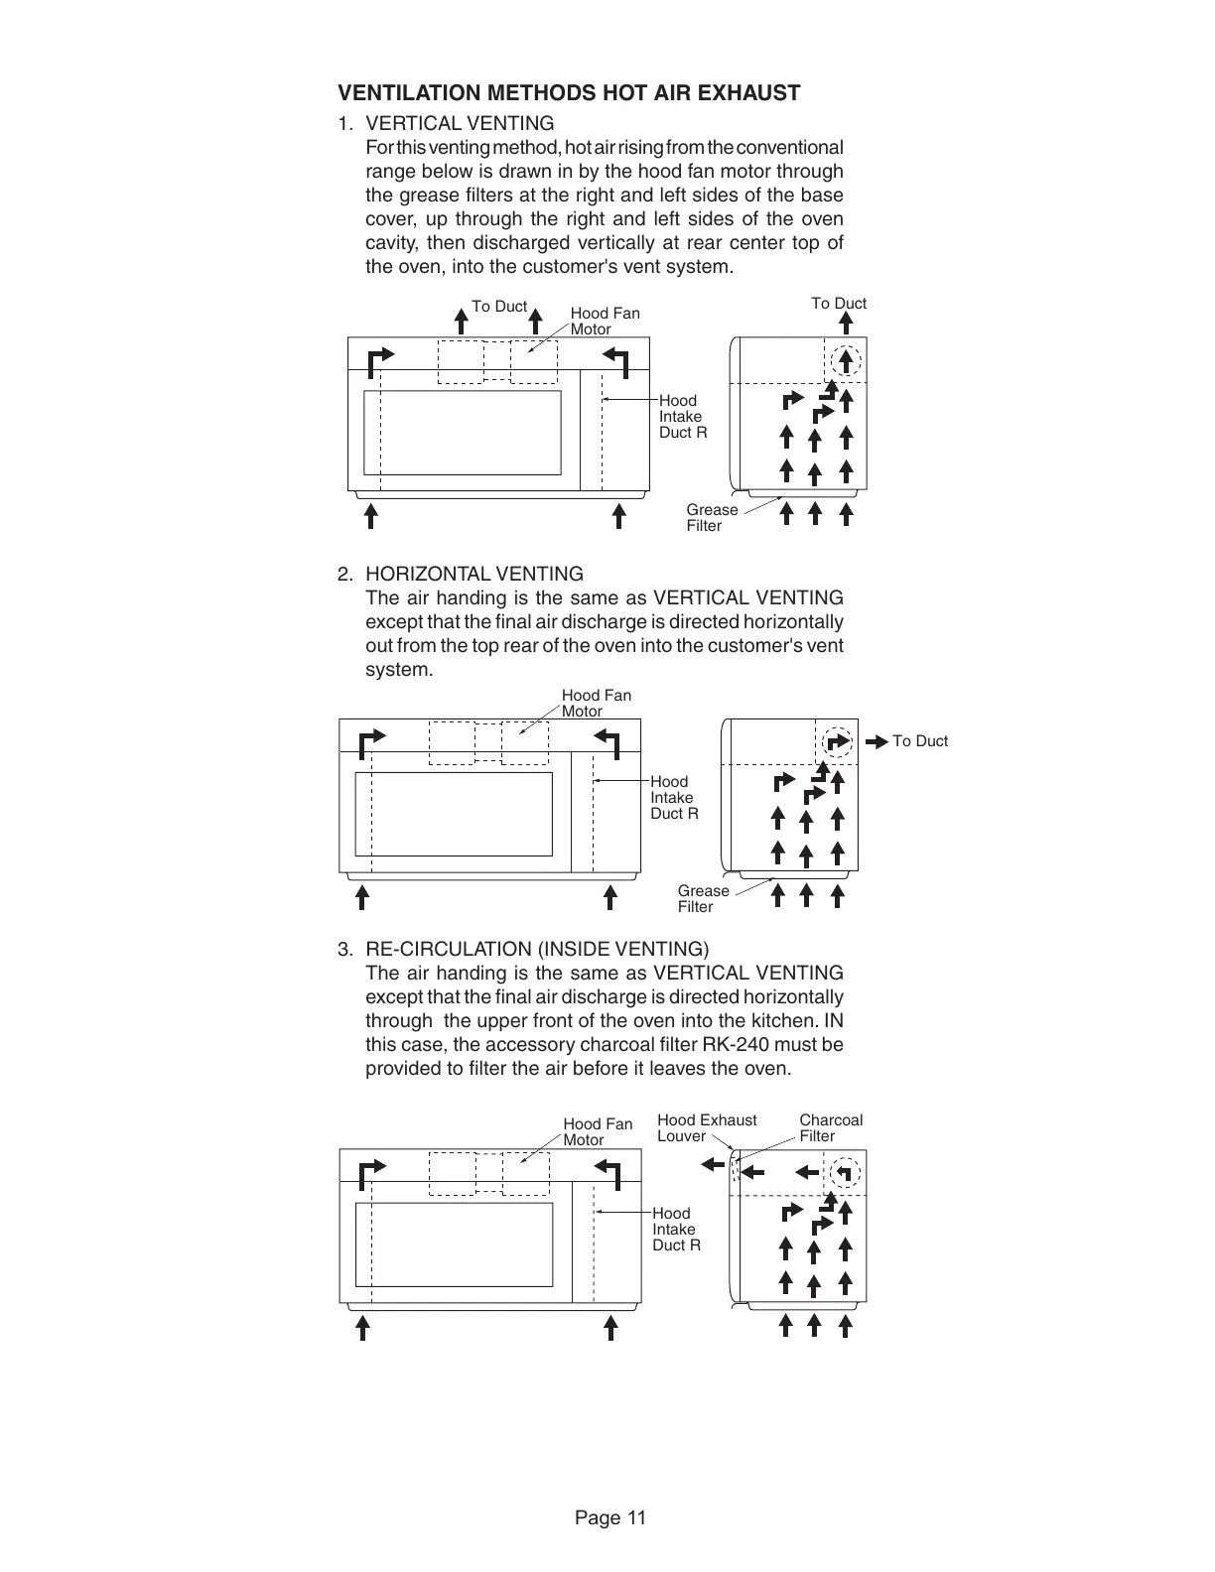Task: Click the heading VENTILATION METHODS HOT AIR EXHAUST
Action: tap(569, 93)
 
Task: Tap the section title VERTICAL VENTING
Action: tap(460, 123)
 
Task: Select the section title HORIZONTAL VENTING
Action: tap(474, 574)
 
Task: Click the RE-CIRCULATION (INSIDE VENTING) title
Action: tap(537, 949)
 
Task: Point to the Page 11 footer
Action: tap(610, 1517)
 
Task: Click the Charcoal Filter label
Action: tap(831, 1127)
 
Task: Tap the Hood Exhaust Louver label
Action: tap(706, 1127)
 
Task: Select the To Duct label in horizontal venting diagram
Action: tap(919, 741)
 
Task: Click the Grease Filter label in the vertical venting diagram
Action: tap(712, 517)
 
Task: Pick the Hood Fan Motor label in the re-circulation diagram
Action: tap(598, 1131)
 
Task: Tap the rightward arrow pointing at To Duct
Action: tap(877, 741)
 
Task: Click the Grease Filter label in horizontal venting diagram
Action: tap(703, 898)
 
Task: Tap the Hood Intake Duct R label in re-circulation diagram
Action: tap(676, 1229)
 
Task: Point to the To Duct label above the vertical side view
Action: tap(839, 304)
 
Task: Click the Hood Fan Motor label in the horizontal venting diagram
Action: tap(596, 703)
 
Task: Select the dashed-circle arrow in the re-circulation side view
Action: tap(845, 1172)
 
